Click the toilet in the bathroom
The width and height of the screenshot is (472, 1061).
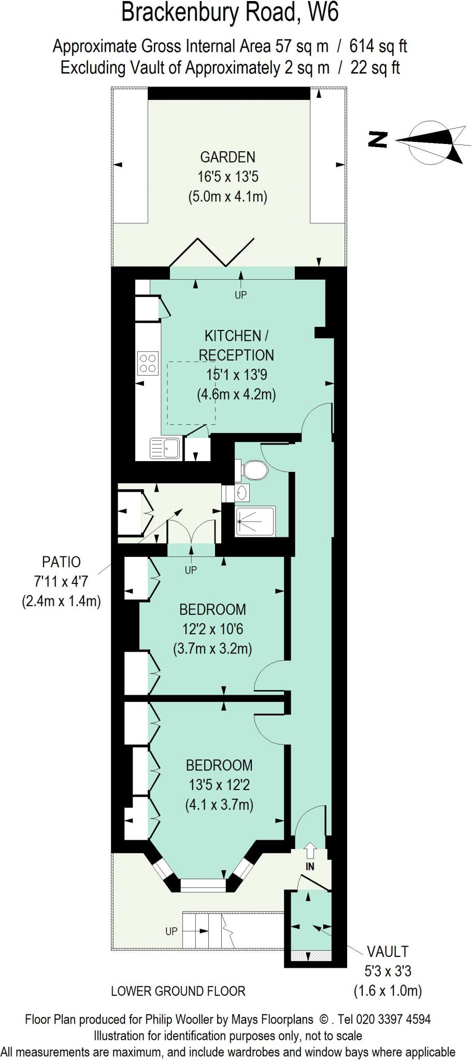(254, 470)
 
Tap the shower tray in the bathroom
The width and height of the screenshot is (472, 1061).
(255, 521)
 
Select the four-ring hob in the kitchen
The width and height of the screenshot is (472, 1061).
(148, 363)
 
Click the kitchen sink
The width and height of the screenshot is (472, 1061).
(165, 448)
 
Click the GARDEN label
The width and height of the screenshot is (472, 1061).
(227, 157)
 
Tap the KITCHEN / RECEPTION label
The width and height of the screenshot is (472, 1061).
(236, 345)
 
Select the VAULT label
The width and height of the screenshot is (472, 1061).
(388, 951)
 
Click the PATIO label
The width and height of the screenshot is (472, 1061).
(61, 562)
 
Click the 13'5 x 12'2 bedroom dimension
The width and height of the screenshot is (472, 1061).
(219, 785)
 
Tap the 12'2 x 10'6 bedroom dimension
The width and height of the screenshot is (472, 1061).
(212, 629)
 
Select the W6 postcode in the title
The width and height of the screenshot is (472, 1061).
(323, 12)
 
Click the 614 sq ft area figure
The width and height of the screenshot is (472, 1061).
(378, 47)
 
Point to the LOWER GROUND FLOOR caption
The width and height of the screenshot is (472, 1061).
(178, 991)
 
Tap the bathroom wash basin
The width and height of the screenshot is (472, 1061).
(241, 492)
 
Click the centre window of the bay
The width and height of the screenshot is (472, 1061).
(203, 885)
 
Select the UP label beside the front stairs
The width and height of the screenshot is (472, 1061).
(171, 931)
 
